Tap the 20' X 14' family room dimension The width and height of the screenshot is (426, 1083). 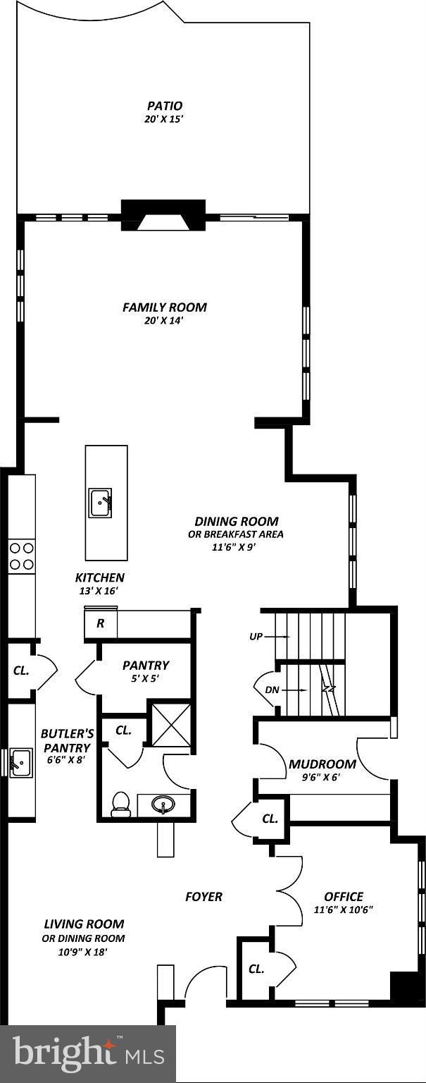(164, 321)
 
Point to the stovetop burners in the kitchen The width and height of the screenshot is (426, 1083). (21, 556)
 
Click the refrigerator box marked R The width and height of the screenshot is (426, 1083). (101, 624)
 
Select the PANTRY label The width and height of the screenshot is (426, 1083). (145, 665)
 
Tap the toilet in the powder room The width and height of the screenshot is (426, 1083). (121, 804)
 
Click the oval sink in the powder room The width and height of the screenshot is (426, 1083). (165, 804)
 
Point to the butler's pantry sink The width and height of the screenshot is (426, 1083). (20, 763)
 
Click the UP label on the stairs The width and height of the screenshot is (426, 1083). (256, 636)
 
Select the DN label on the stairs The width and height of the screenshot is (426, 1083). (272, 690)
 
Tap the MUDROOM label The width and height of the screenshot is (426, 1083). (322, 764)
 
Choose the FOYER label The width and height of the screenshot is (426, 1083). (203, 896)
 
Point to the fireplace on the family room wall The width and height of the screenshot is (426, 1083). (163, 215)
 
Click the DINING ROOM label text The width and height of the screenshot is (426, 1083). (236, 521)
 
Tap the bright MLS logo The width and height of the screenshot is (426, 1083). (88, 1053)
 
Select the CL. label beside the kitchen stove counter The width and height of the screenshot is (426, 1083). (21, 671)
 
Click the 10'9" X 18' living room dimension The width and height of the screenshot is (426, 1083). (84, 951)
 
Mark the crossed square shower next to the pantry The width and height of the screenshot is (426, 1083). (170, 723)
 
